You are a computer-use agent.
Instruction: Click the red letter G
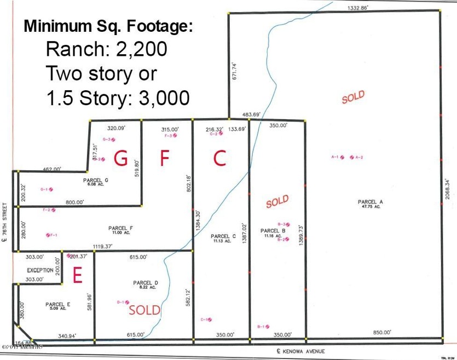click(x=120, y=159)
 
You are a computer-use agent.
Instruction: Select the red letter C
click(x=219, y=159)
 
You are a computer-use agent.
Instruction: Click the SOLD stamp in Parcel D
click(x=144, y=310)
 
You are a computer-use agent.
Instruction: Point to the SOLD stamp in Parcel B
click(x=277, y=202)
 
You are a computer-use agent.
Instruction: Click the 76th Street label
click(x=5, y=225)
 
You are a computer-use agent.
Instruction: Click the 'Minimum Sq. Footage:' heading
click(x=107, y=27)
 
